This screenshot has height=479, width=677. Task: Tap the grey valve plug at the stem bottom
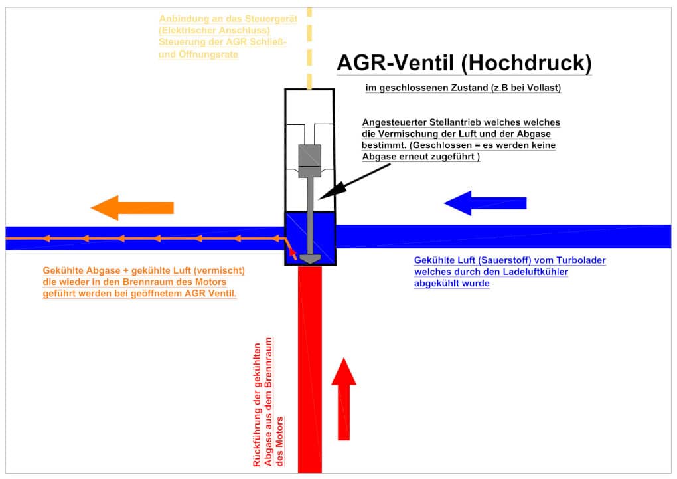pos(310,258)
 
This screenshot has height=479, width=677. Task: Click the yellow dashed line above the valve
pos(309,47)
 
